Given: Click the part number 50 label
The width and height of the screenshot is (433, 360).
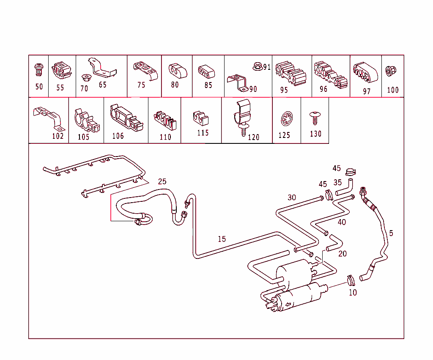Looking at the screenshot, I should [39, 87].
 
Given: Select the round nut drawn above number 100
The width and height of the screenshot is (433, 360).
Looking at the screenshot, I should [392, 71].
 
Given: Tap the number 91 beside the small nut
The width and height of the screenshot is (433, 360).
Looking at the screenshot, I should [266, 67].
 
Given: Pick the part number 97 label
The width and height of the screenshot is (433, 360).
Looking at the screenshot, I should [366, 91].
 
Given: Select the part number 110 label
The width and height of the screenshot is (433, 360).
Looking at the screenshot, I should [165, 137].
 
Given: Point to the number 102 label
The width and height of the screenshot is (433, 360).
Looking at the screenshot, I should [58, 136].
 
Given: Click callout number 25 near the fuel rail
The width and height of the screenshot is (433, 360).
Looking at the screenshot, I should [162, 181].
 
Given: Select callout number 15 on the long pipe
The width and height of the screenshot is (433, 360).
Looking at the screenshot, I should [222, 239].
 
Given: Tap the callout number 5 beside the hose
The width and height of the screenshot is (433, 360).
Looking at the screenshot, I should [391, 233].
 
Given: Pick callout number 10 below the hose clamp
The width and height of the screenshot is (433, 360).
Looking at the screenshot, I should [353, 292].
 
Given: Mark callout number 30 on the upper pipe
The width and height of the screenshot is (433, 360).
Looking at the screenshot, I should [292, 197].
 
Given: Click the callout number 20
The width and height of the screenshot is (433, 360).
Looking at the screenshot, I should [342, 253].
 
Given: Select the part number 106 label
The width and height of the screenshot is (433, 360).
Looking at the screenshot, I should [118, 136].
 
